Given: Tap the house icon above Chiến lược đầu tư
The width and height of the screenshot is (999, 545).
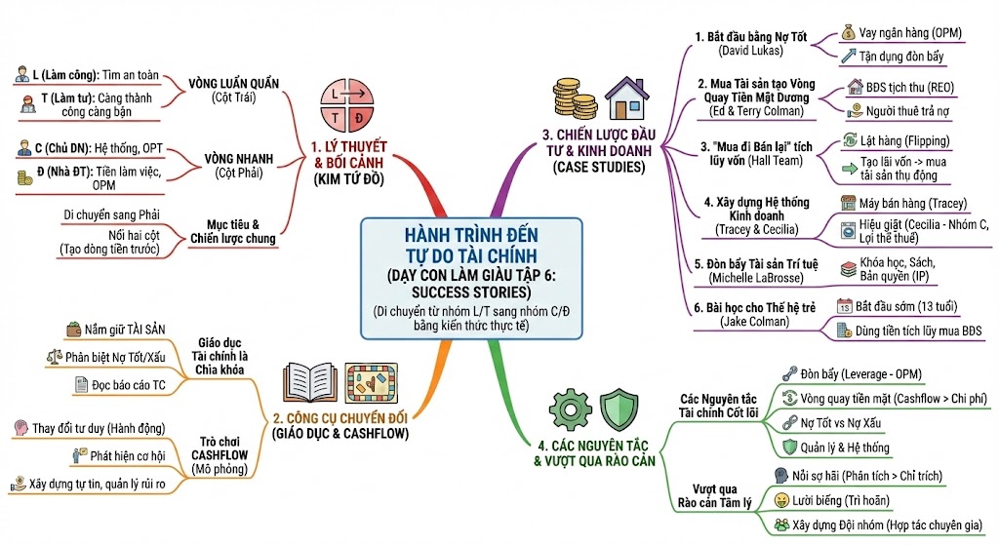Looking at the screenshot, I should pos(626,97).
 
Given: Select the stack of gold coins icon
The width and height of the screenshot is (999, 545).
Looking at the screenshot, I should pos(575,99).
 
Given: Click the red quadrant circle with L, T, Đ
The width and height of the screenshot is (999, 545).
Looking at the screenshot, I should pos(343,105).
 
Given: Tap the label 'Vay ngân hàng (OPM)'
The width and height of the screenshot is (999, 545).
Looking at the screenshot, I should pos(910,32).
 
